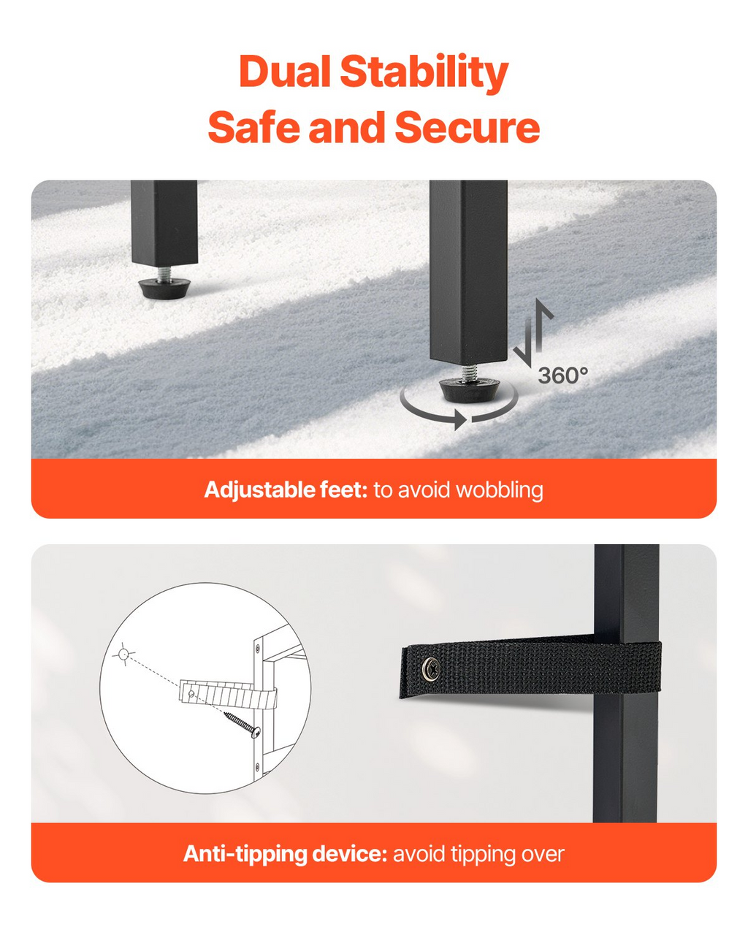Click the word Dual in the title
click(285, 72)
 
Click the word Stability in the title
click(424, 74)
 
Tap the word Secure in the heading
click(467, 127)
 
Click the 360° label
click(563, 375)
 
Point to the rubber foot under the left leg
click(164, 288)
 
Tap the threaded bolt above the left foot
click(164, 274)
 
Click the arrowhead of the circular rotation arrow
click(460, 420)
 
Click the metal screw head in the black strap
click(431, 668)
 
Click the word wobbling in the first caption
click(500, 490)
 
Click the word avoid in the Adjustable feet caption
click(424, 490)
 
